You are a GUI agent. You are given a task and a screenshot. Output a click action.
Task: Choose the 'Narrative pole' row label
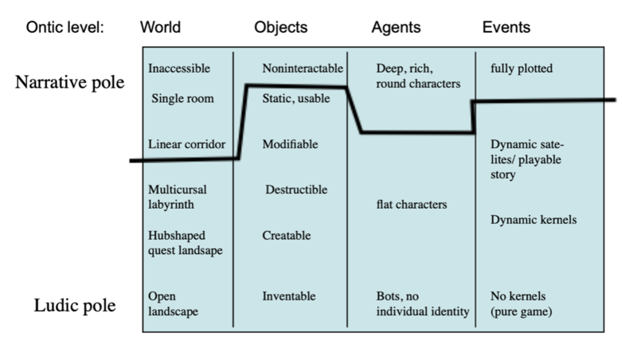click(70, 82)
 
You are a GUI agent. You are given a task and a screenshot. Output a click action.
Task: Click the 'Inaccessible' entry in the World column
click(179, 69)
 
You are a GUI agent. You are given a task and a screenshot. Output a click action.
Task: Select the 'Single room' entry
click(181, 99)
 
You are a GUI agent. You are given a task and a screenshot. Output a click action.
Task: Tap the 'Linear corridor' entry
click(186, 144)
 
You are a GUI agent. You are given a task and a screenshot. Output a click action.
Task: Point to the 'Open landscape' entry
click(172, 303)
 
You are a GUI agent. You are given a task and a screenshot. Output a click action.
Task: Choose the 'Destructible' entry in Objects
click(296, 190)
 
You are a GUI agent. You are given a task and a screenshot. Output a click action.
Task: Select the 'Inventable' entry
click(289, 296)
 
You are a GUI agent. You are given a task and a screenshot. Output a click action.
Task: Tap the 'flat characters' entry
click(411, 205)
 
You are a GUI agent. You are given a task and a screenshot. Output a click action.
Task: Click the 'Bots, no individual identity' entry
click(423, 303)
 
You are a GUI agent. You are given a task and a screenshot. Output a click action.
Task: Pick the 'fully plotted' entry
click(522, 69)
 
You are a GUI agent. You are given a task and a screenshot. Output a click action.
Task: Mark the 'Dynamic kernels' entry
click(533, 219)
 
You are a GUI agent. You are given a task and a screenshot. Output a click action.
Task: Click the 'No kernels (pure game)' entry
click(524, 303)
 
